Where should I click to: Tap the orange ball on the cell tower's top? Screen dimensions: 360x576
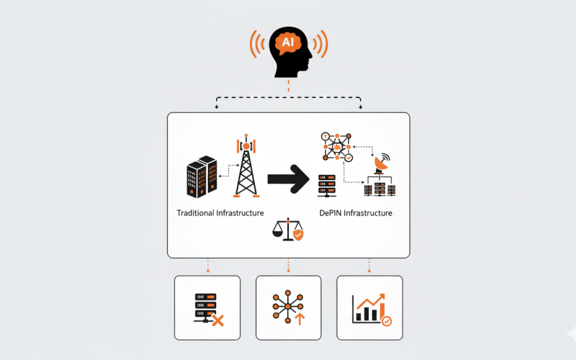click(x=246, y=146)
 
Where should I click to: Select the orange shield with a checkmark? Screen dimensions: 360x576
click(x=298, y=235)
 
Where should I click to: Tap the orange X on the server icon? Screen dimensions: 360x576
click(x=217, y=320)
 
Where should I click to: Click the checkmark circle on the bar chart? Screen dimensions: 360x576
click(x=387, y=321)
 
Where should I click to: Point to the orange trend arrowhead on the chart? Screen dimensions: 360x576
click(x=382, y=296)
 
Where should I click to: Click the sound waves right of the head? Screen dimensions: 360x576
click(x=321, y=45)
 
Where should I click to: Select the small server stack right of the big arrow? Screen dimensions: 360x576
click(x=327, y=184)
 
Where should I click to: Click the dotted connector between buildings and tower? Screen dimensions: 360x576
click(x=228, y=169)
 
